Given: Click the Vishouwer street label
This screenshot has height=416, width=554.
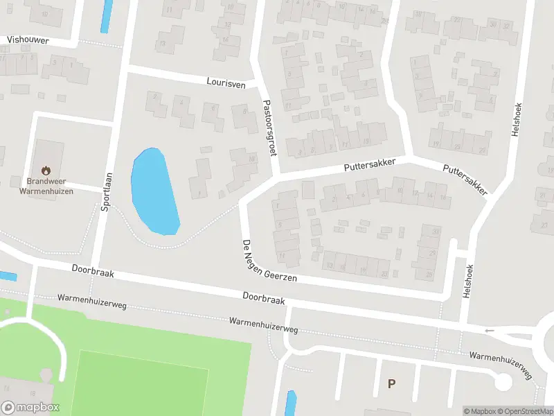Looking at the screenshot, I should point(28,40).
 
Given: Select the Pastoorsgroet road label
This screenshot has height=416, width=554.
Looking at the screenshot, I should point(269,128).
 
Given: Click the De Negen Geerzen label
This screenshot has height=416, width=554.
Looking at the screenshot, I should point(269,260).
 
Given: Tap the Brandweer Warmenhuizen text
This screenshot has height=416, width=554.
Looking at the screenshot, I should point(46,186).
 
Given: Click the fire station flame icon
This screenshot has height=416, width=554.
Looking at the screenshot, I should point(46,170).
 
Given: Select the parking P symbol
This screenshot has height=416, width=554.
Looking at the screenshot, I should point(392,383).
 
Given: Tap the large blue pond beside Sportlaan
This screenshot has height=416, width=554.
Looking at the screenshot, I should point(154,191).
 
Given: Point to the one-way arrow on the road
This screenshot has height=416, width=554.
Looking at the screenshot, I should point(490,331).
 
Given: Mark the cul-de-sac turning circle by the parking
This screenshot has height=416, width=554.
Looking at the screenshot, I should point(503,381).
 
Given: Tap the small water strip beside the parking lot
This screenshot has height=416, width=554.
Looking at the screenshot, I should point(291,404).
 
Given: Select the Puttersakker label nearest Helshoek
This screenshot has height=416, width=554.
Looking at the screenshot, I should point(465,179).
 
